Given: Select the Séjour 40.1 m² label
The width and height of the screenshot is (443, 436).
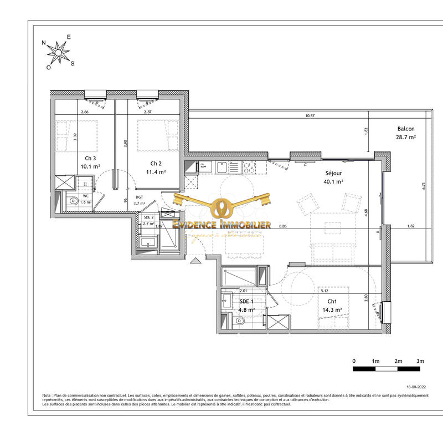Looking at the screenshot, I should [333, 177].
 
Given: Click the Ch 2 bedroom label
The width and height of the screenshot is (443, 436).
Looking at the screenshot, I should [156, 168].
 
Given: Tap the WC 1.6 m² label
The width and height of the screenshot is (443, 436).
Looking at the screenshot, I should [86, 199].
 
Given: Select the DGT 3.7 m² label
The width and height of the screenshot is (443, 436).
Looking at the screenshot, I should [139, 200].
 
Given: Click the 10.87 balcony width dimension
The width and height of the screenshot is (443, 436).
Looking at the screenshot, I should [310, 116].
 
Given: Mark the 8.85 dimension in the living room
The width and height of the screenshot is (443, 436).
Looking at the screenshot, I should [284, 226].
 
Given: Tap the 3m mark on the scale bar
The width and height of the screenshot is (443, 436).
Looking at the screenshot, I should [420, 361].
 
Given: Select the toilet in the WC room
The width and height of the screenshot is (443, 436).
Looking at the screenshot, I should [73, 204].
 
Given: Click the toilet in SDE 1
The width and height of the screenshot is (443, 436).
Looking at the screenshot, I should [240, 321].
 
